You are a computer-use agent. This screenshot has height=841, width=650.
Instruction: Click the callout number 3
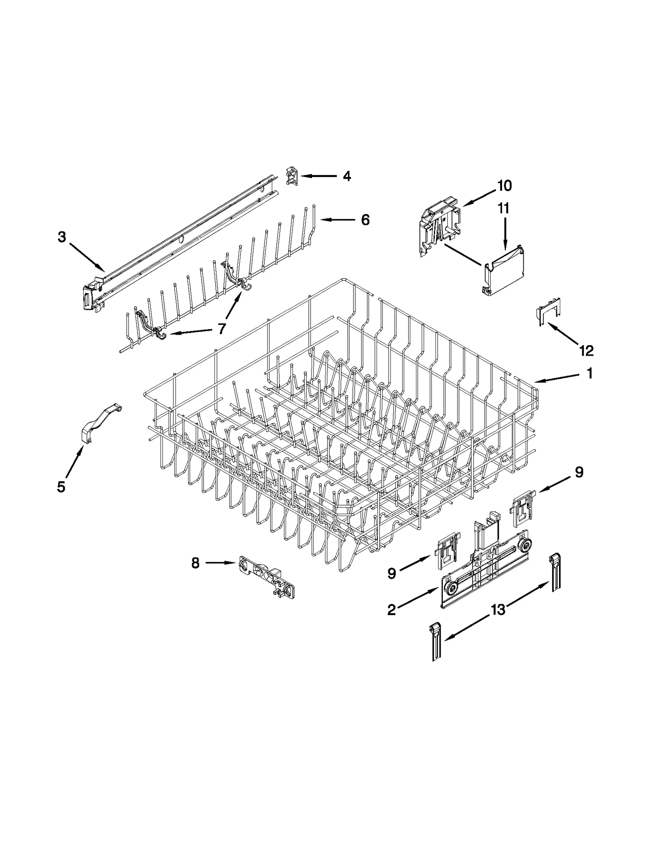click(x=61, y=237)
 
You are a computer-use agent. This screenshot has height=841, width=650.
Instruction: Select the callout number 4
click(x=347, y=176)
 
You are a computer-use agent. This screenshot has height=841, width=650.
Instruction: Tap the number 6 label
click(x=365, y=220)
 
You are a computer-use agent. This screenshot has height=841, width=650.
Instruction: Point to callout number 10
click(x=504, y=186)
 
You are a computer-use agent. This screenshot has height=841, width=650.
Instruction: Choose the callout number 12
click(x=586, y=350)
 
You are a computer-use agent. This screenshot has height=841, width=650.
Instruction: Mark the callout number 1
click(x=589, y=373)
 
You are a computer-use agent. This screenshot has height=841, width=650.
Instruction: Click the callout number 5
click(x=61, y=486)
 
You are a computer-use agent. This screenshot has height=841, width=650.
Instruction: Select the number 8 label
click(x=195, y=563)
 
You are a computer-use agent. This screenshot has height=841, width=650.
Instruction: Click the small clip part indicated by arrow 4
click(x=292, y=175)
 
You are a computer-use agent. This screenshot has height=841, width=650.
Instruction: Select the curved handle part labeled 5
click(x=98, y=422)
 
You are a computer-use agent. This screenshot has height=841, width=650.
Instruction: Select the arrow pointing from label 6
click(x=338, y=220)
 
